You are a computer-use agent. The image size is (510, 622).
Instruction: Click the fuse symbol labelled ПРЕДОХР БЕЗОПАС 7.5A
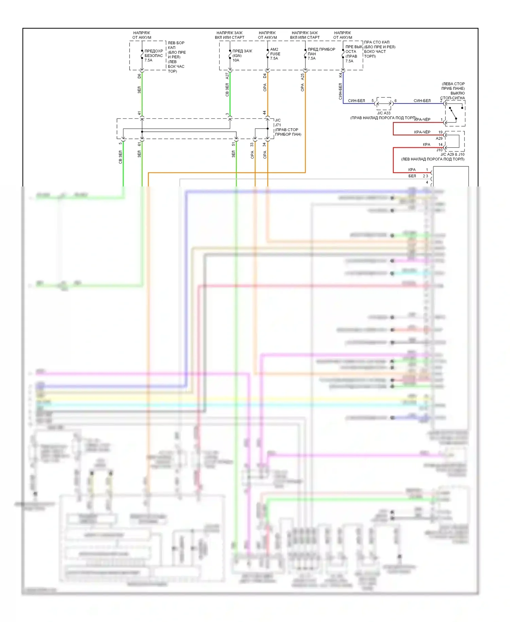(x=142, y=54)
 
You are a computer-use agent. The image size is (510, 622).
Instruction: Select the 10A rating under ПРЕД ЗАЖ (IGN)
(x=236, y=61)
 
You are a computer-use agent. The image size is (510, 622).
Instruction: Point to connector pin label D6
(x=139, y=76)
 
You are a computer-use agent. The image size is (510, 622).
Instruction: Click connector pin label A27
(x=227, y=76)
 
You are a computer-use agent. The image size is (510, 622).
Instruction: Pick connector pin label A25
(x=302, y=77)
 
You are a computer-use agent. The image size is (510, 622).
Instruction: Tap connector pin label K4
(x=340, y=75)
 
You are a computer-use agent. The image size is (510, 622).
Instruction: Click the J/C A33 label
(x=384, y=113)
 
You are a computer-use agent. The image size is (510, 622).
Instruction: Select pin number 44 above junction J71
(x=265, y=113)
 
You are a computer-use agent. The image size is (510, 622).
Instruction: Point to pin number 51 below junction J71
(x=233, y=145)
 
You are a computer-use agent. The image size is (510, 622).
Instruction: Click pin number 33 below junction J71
(x=252, y=145)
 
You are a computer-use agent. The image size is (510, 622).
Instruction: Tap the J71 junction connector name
(x=278, y=125)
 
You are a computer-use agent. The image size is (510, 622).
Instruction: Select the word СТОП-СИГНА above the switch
(x=453, y=98)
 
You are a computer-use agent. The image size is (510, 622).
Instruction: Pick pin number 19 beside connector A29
(x=440, y=132)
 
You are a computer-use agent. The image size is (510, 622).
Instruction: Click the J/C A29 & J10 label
(x=452, y=154)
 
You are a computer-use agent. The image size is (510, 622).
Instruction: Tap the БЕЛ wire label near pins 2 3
(x=412, y=176)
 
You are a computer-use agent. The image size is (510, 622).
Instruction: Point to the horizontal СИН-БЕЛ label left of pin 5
(x=356, y=101)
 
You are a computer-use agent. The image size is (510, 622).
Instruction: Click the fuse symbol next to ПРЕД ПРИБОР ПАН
(x=305, y=54)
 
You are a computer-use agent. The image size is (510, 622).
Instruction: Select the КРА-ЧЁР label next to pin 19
(x=422, y=132)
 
